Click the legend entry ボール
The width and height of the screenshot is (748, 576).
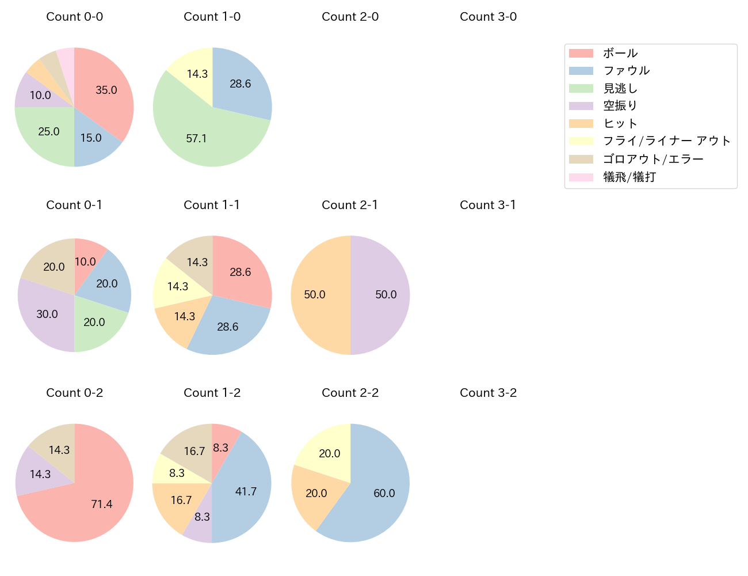pos(620,53)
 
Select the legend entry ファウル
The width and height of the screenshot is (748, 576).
pos(626,70)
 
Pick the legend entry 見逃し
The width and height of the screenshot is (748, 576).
pos(620,88)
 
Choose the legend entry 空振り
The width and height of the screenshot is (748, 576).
pos(620,105)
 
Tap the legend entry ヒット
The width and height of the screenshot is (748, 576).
pos(620,123)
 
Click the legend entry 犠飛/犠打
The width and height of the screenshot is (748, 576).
pos(629,177)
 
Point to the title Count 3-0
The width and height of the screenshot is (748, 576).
pos(488,17)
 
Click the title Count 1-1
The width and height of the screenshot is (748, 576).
pos(212,205)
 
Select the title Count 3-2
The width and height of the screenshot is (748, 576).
pos(488,393)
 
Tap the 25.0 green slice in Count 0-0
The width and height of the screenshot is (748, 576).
pos(49,131)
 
